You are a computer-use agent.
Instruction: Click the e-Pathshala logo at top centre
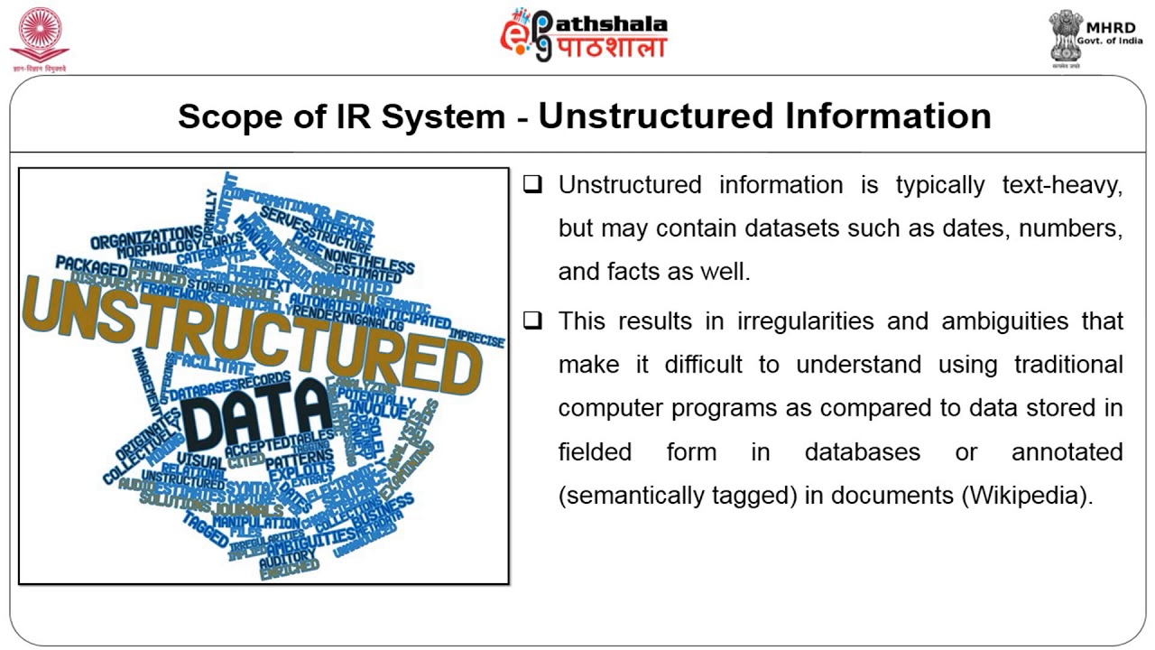click(x=584, y=35)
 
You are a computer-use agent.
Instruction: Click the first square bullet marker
click(x=533, y=185)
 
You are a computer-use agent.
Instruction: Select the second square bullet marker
click(x=533, y=320)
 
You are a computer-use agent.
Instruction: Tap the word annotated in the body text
click(x=1067, y=451)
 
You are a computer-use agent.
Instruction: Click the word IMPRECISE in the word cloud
click(x=476, y=337)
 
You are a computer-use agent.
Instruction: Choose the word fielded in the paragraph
click(x=595, y=451)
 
